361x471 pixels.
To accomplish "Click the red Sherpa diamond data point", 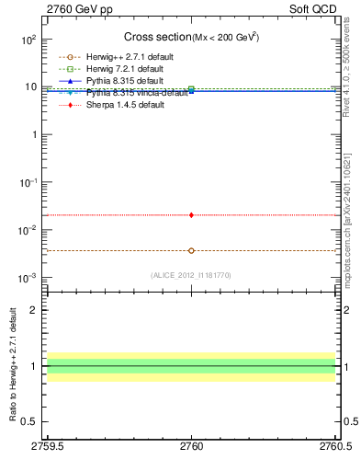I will click(191, 214).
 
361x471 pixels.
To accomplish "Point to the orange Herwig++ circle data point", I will click(191, 250).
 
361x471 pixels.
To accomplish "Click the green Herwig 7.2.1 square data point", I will click(191, 89).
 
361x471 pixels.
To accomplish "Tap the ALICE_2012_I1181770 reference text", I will click(191, 275).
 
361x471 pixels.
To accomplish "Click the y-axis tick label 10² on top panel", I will click(28, 40).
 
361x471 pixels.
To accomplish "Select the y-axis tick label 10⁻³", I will click(28, 278).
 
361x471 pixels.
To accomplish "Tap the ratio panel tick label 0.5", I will click(30, 422).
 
